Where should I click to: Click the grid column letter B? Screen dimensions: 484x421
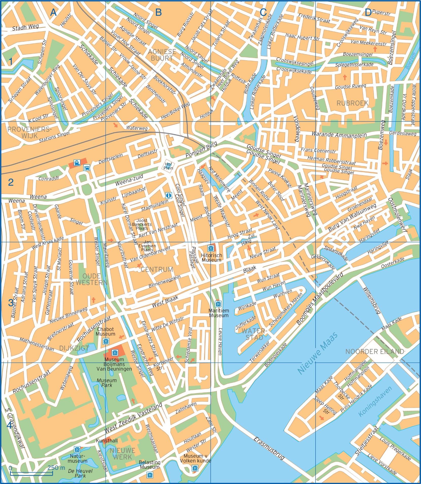click(158, 12)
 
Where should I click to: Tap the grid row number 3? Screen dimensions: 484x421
click(10, 303)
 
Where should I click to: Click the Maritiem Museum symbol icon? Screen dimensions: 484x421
click(218, 304)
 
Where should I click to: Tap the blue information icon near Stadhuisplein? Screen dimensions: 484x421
click(168, 195)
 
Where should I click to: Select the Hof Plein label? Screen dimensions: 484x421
click(168, 166)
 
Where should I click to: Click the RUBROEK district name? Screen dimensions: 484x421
click(352, 103)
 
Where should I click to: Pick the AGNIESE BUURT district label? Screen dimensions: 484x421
click(162, 55)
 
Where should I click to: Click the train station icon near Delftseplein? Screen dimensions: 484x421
click(76, 162)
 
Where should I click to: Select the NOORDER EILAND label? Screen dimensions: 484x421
click(375, 352)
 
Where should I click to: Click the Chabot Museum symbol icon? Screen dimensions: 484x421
click(106, 341)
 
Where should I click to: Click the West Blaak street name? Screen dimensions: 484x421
click(165, 302)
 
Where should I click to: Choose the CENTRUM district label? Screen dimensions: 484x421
click(156, 269)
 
